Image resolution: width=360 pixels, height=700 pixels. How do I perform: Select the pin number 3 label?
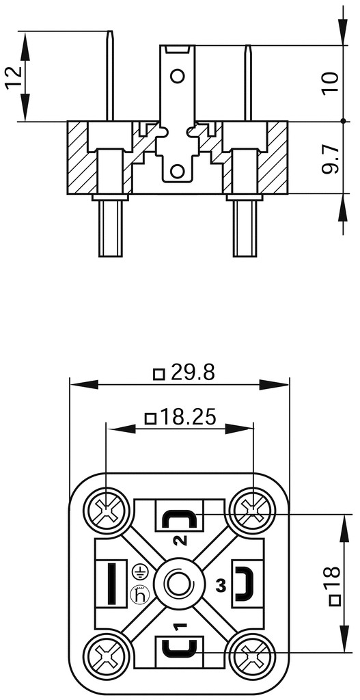[220, 586]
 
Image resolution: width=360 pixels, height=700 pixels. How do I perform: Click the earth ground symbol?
[139, 571]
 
